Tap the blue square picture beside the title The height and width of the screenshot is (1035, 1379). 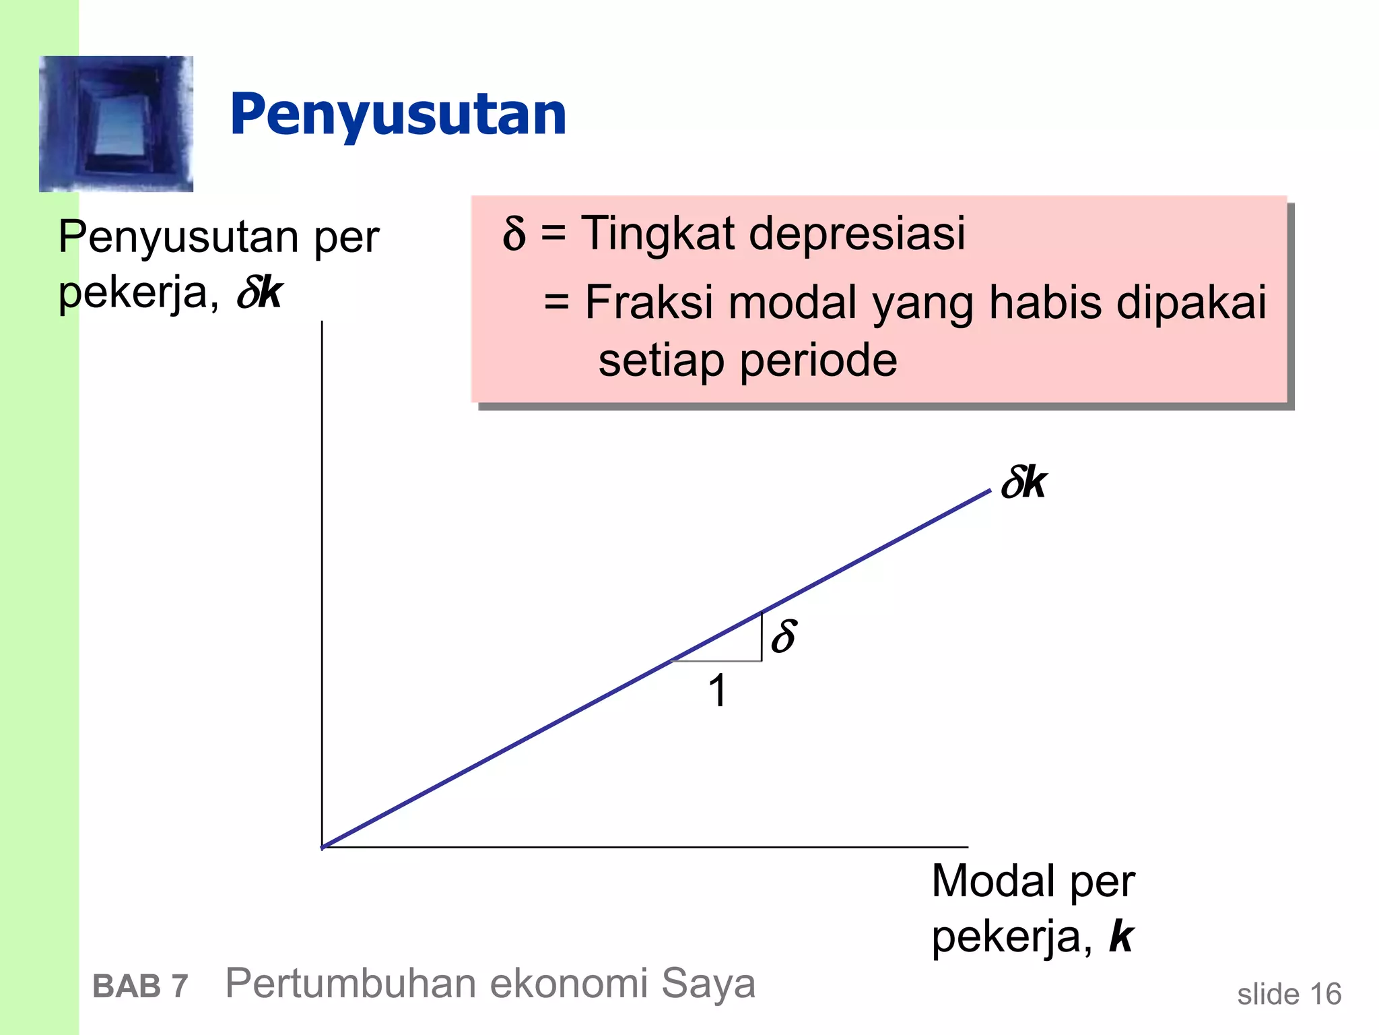pos(116,124)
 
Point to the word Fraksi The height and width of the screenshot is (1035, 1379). pos(648,302)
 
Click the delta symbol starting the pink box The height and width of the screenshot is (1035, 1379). pos(514,234)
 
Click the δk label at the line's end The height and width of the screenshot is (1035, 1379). pos(1023,483)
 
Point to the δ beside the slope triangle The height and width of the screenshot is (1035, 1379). pos(784,636)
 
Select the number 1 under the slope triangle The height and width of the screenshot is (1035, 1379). pos(718,691)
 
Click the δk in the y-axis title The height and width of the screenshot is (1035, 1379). pos(259,293)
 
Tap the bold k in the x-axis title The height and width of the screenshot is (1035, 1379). pos(1121,937)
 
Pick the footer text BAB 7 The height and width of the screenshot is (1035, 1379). pos(140,986)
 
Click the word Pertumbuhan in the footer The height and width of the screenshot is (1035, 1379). pos(350,984)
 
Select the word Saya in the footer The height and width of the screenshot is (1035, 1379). pos(708,984)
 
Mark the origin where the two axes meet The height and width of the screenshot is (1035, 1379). pos(323,847)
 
